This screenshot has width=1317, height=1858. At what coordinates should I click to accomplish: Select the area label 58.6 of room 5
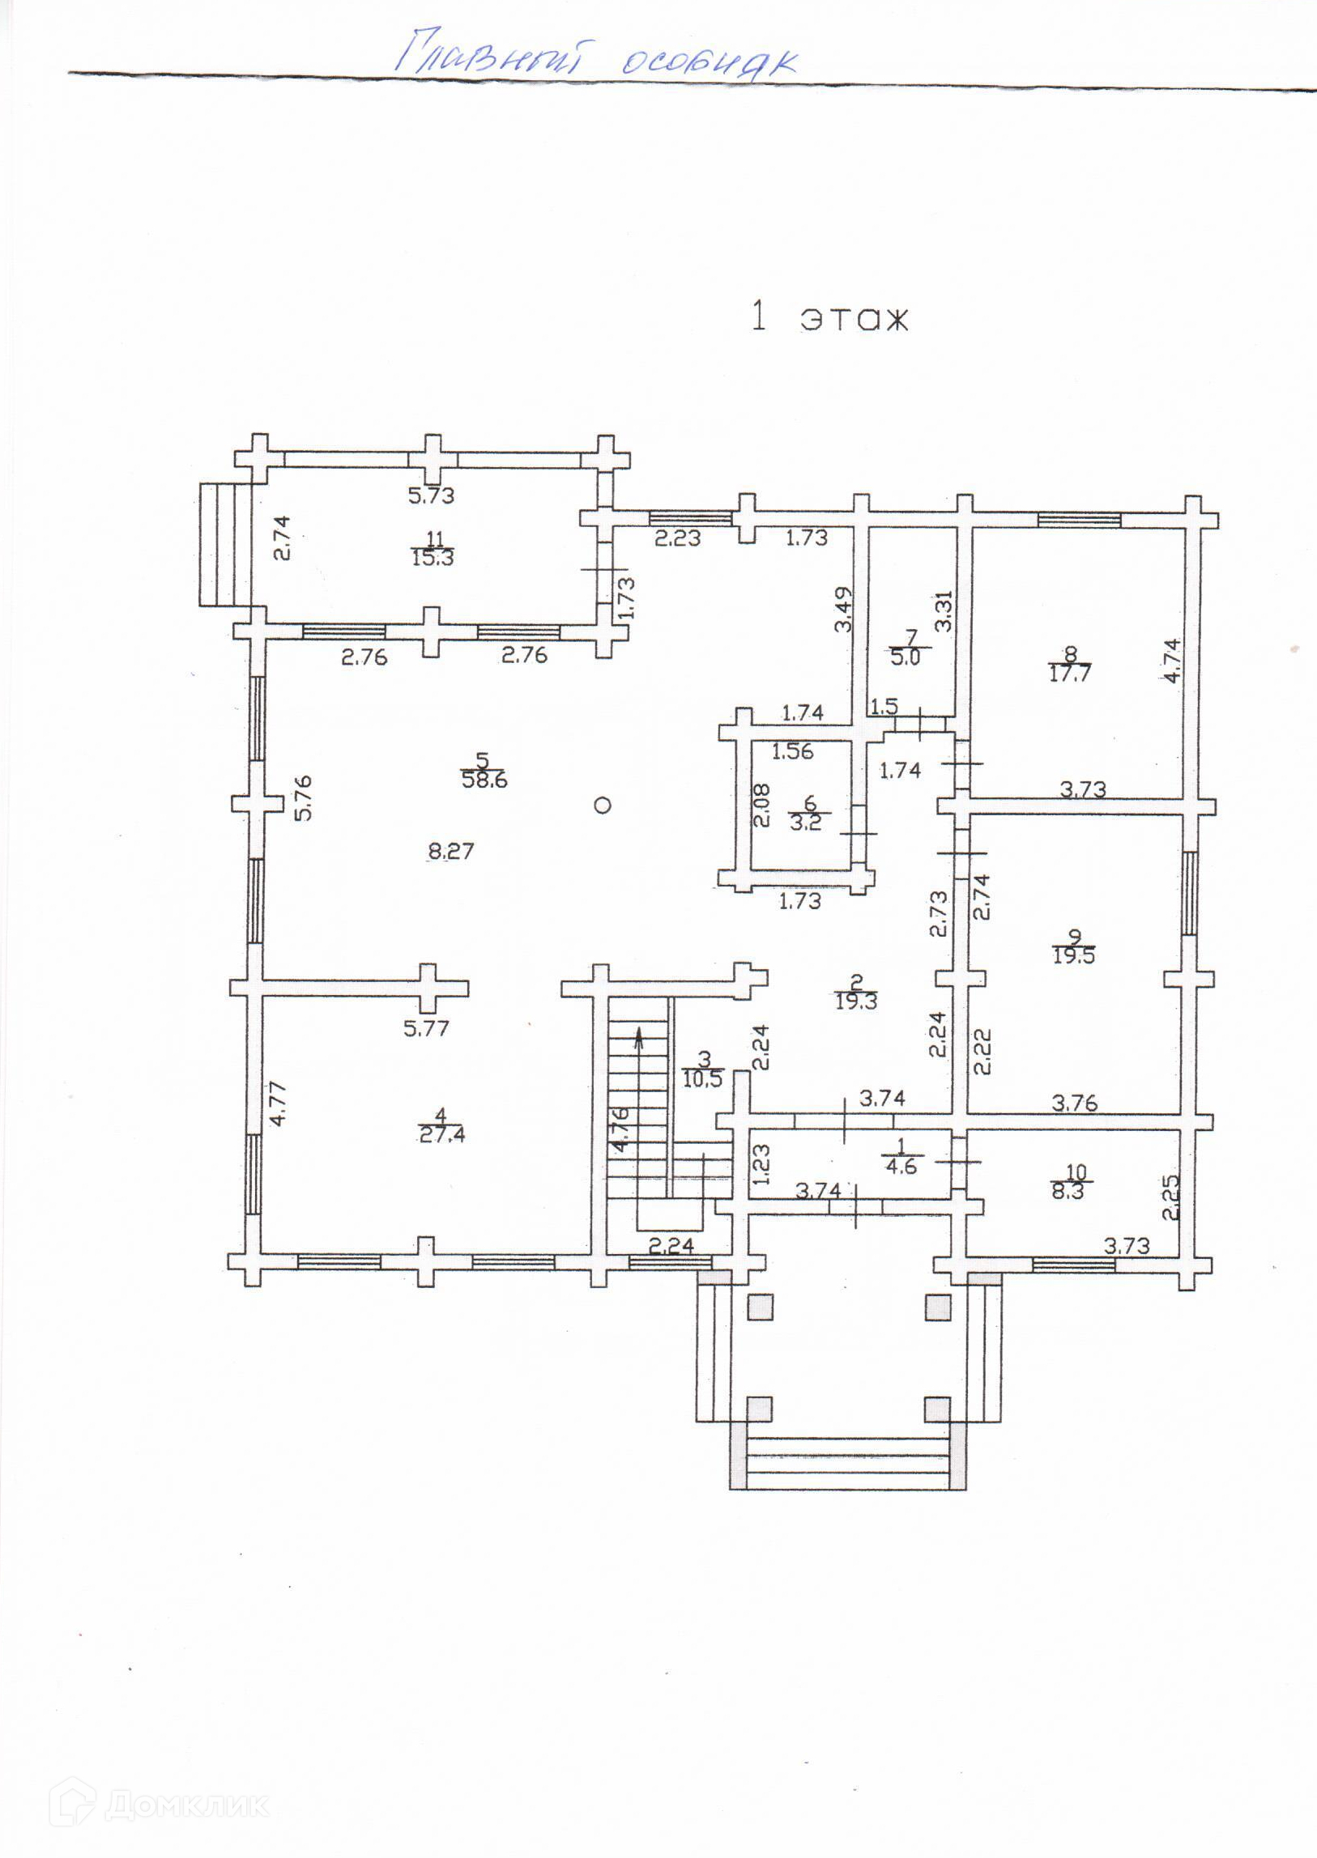(x=484, y=780)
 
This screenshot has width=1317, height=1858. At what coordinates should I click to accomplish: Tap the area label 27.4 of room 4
(x=442, y=1135)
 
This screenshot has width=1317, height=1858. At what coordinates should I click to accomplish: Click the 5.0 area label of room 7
(x=905, y=657)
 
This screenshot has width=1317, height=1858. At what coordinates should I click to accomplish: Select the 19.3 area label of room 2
(x=855, y=1001)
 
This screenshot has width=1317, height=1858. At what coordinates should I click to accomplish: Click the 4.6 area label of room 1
(x=901, y=1167)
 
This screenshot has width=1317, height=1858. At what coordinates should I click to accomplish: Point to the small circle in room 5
(x=602, y=805)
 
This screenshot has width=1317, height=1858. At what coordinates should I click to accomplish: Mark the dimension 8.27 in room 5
(x=450, y=851)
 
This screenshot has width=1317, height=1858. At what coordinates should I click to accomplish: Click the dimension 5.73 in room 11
(x=432, y=495)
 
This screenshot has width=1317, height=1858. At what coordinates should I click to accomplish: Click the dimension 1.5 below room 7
(x=884, y=706)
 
